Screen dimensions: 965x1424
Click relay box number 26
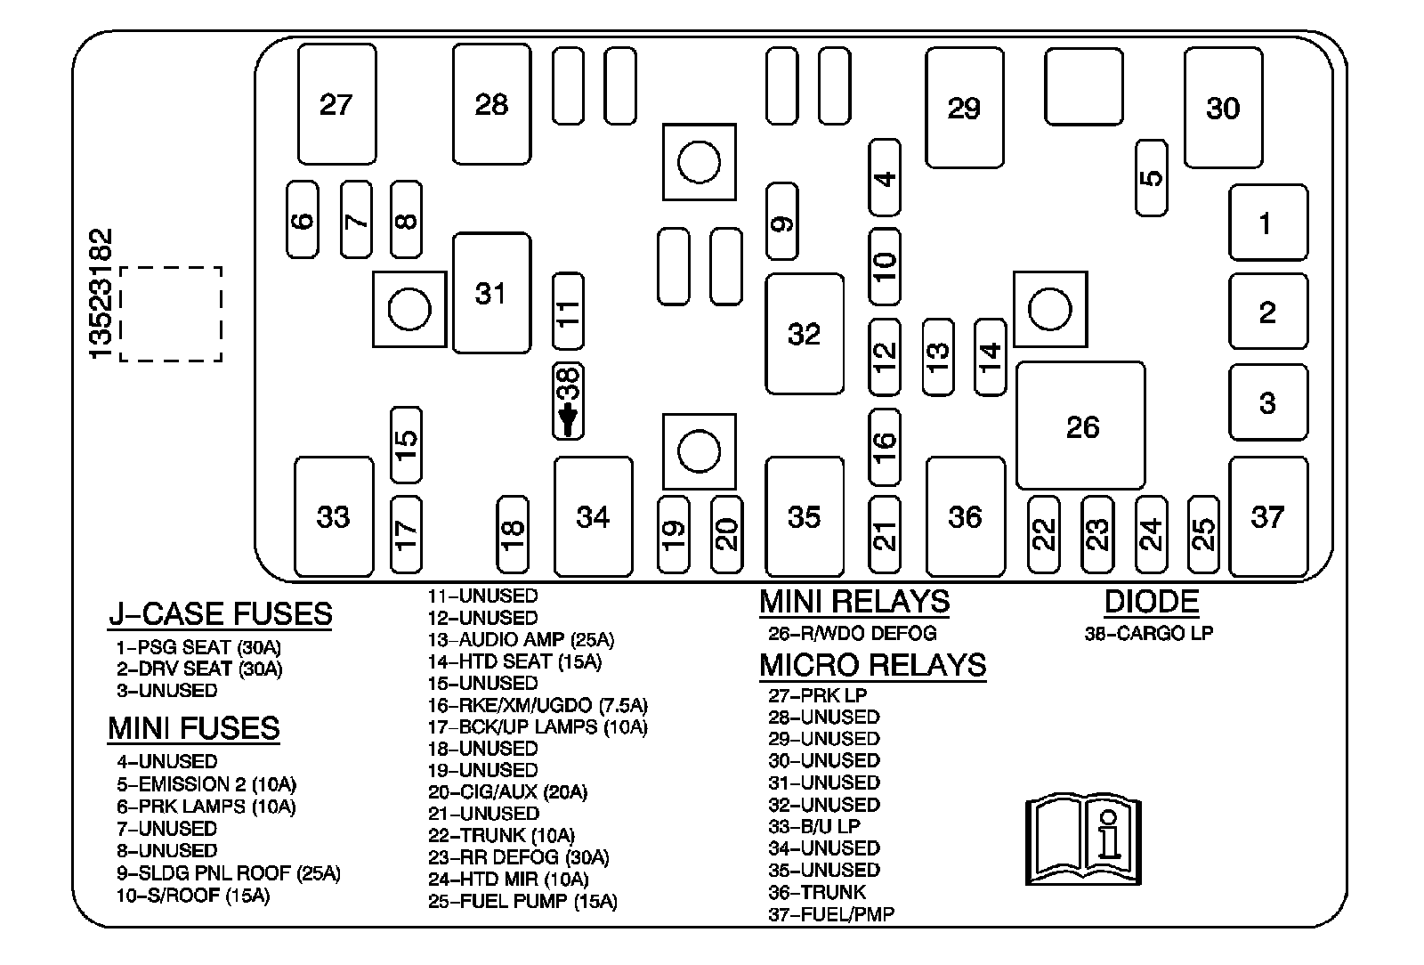[x=1080, y=426]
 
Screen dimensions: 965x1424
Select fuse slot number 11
[x=568, y=311]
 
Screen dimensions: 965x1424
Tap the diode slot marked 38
[x=568, y=401]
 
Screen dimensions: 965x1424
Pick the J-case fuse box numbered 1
[x=1267, y=223]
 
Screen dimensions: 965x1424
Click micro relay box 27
[x=336, y=104]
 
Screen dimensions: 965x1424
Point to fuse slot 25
[x=1203, y=534]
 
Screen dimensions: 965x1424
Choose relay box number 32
[x=804, y=333]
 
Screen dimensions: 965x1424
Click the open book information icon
[x=1083, y=840]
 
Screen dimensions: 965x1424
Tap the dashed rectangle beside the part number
[x=171, y=314]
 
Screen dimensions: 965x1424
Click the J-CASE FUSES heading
[x=220, y=613]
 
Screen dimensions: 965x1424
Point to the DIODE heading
[x=1151, y=602]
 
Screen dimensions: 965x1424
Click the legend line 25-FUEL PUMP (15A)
[x=522, y=901]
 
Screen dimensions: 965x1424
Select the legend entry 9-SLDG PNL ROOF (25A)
[x=228, y=873]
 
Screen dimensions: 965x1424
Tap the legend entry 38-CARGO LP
[x=1148, y=634]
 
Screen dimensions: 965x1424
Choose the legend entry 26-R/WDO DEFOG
[x=852, y=634]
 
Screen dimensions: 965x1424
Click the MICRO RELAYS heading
[x=872, y=665]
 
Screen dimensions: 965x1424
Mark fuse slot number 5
[x=1152, y=177]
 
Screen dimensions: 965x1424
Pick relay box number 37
[x=1267, y=516]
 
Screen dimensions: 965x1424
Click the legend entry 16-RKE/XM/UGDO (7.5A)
[x=538, y=705]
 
